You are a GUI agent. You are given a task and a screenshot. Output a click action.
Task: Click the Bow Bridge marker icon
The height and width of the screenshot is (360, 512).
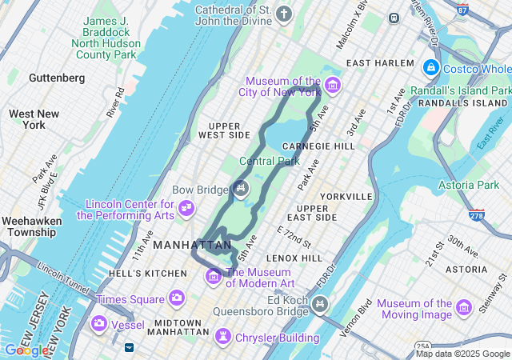point(241,189)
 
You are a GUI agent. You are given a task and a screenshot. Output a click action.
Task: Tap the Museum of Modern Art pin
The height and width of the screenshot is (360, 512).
point(214,277)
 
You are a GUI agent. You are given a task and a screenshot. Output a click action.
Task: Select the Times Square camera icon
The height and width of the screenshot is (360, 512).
point(176,298)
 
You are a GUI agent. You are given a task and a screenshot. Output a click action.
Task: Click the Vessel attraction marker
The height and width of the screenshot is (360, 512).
point(100,324)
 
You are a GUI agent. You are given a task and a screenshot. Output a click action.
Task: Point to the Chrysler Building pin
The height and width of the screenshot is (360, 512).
point(223,338)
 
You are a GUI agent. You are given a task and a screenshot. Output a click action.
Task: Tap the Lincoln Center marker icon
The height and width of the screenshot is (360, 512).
point(186,209)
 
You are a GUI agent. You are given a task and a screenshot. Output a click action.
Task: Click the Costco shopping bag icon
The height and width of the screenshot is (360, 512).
point(431,69)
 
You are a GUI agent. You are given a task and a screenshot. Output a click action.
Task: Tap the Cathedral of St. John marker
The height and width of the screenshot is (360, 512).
point(284,14)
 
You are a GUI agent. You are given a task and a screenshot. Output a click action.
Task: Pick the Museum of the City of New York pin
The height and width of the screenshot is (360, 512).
point(332,86)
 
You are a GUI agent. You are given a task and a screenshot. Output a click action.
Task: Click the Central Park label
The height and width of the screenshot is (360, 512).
point(270,161)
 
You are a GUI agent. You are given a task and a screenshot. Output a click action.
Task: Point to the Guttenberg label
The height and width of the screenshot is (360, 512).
point(56,78)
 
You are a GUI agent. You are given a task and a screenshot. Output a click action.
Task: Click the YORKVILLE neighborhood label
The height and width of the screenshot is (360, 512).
point(346,196)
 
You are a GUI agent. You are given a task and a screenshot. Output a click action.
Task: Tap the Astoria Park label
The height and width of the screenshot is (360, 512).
point(469,185)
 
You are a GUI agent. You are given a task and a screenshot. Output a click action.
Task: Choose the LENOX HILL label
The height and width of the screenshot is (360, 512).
point(294,258)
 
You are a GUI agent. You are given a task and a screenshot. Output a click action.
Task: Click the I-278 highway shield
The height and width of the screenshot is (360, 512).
point(477,215)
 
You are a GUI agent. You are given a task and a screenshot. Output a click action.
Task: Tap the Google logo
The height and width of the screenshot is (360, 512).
point(26,350)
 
